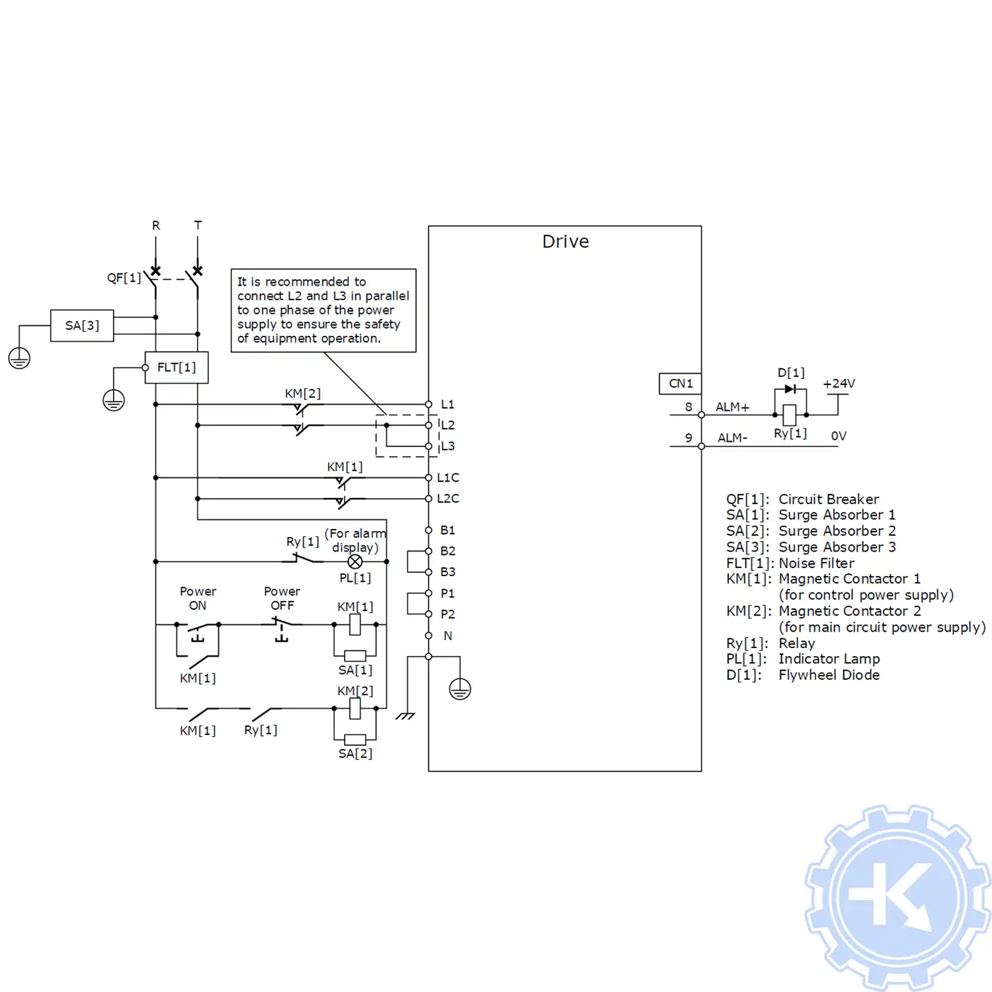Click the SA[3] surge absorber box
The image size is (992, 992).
click(82, 325)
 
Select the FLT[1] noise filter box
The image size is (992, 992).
click(177, 368)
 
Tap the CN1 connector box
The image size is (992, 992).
click(681, 384)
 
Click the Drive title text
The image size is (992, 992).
click(565, 241)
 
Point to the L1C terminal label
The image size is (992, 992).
click(448, 477)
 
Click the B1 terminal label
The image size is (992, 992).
click(448, 530)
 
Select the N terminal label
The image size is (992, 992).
click(448, 636)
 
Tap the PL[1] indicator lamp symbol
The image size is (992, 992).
click(355, 561)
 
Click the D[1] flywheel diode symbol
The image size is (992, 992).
click(790, 389)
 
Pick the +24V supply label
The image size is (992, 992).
click(839, 384)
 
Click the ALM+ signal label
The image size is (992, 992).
click(732, 407)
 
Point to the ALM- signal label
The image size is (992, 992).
click(732, 438)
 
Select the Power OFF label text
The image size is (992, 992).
click(282, 598)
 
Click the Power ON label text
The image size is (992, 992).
click(198, 598)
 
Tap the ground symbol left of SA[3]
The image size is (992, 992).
click(19, 358)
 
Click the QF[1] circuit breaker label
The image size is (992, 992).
click(124, 278)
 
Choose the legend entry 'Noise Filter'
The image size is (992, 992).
click(816, 563)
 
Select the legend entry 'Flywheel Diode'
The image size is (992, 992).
click(829, 675)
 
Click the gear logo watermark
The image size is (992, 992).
click(897, 897)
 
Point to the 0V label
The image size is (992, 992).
click(839, 436)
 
